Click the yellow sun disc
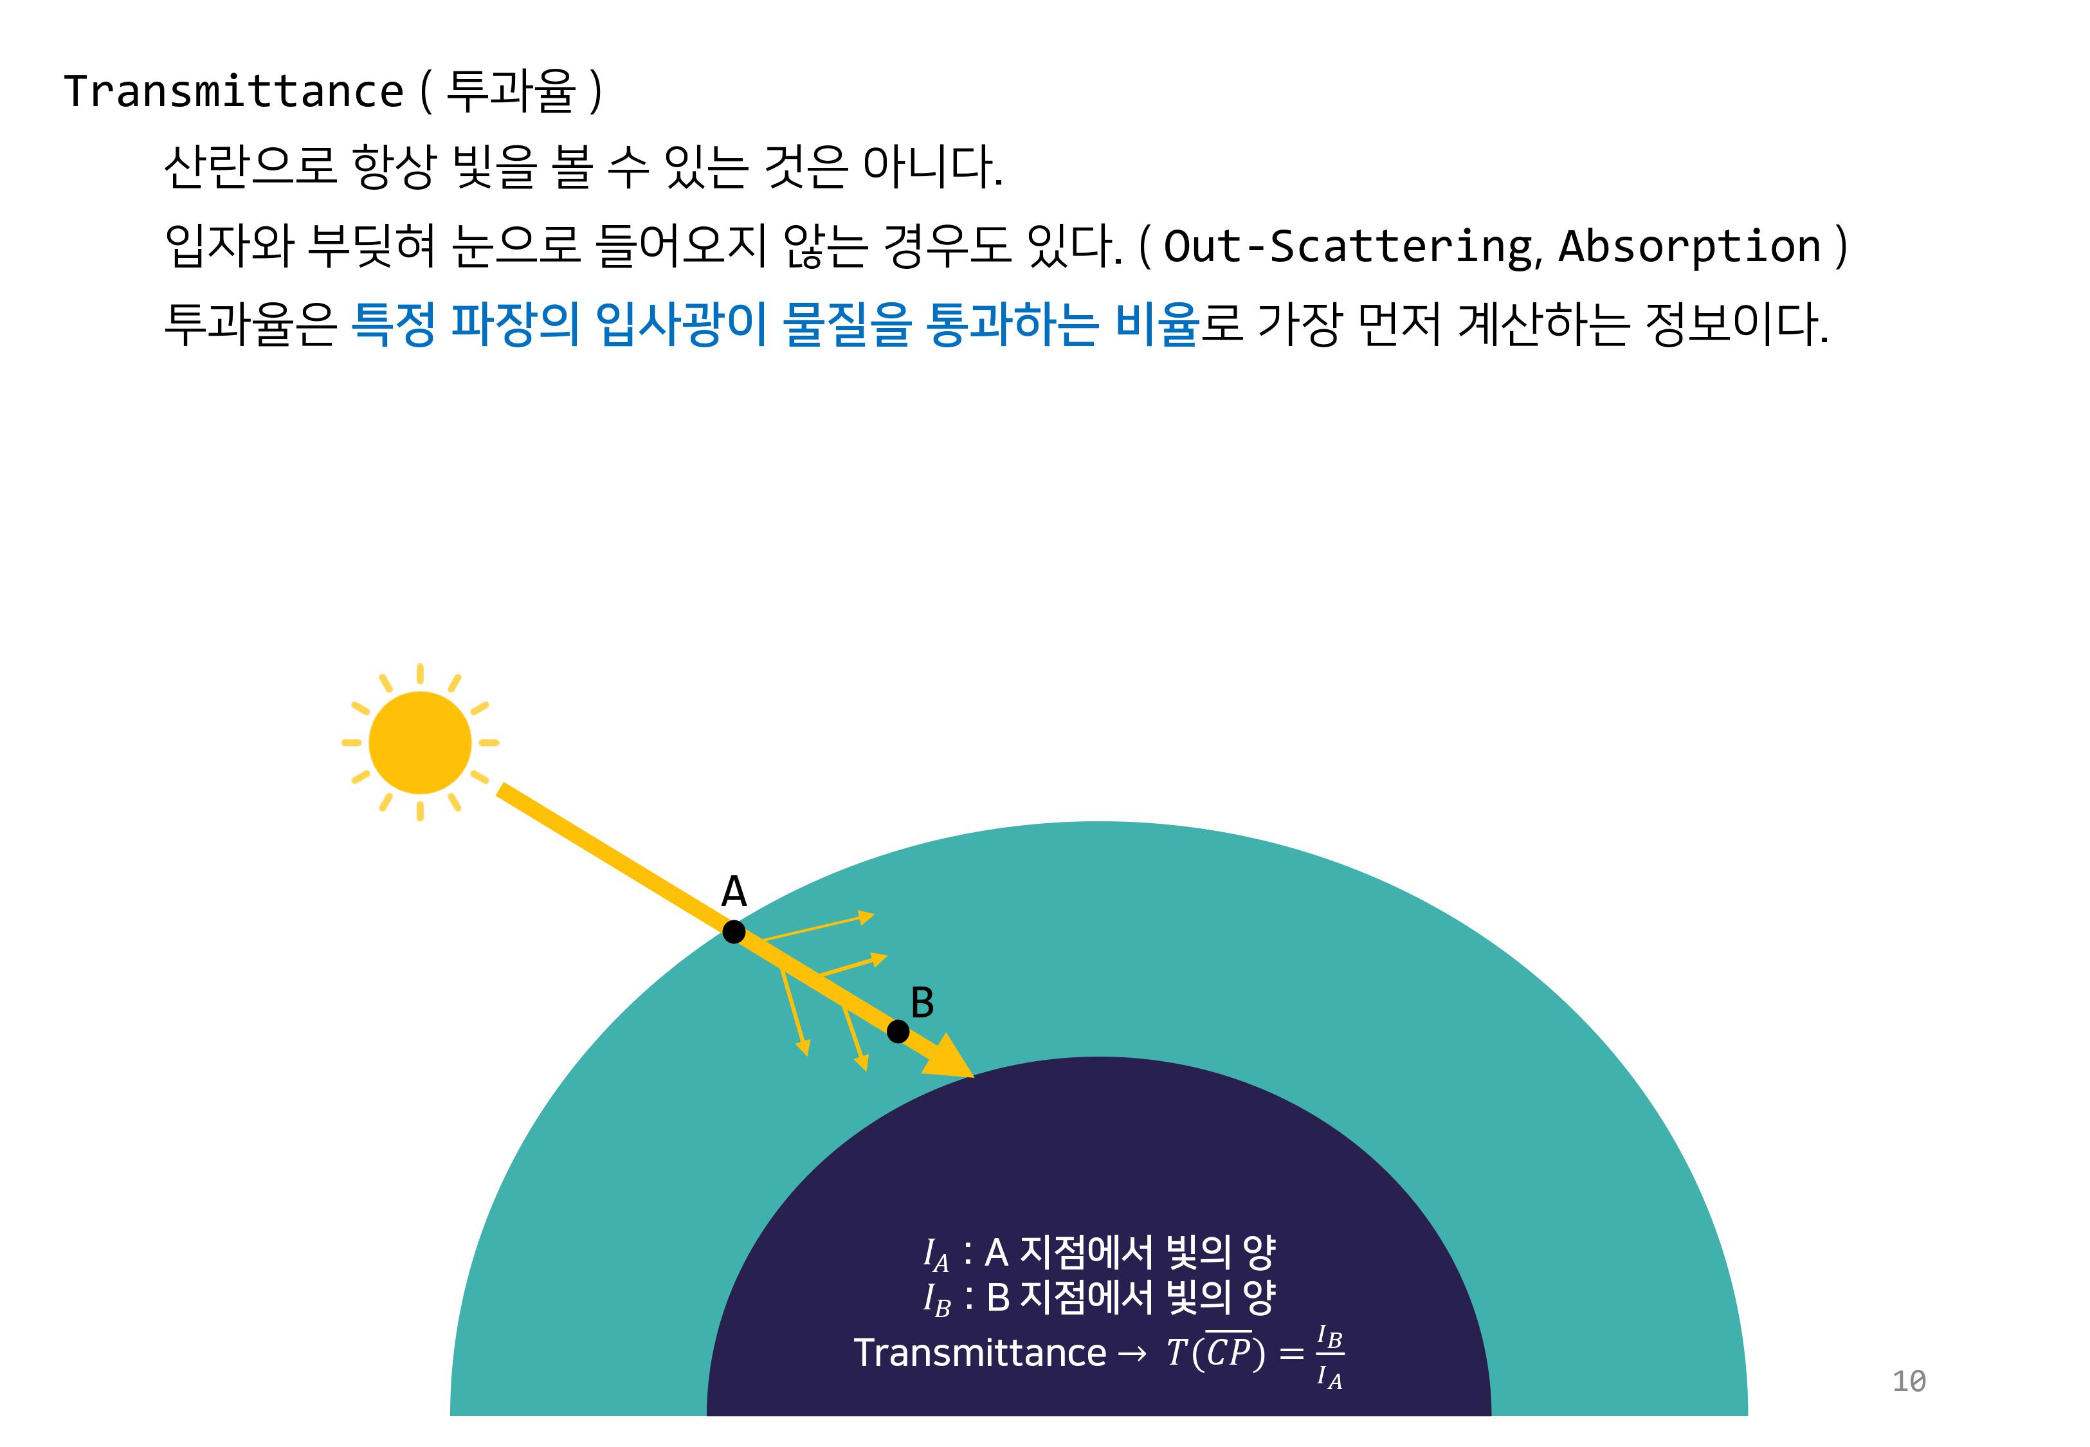(420, 743)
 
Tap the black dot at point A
(734, 931)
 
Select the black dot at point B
(897, 1031)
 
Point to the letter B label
(922, 1003)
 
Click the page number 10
(1909, 1381)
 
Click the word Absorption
(1689, 246)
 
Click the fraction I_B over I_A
(1330, 1357)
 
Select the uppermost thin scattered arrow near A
(815, 927)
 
